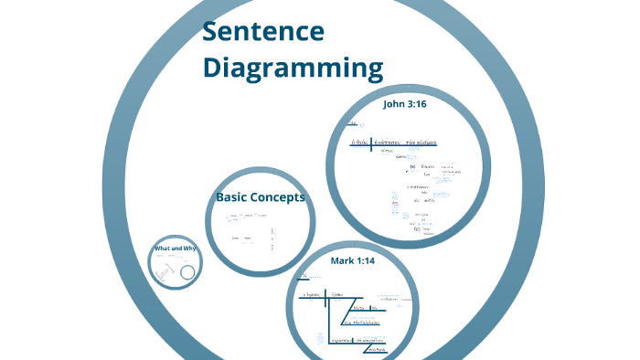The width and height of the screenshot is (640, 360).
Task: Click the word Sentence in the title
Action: [x=263, y=32]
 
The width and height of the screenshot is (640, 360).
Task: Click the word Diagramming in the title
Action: [x=293, y=69]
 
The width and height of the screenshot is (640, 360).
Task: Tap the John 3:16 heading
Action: [x=404, y=104]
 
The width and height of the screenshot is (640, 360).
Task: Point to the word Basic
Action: [x=233, y=196]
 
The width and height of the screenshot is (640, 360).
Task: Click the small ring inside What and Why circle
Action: [x=187, y=272]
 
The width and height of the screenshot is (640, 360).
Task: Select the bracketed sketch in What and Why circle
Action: [x=167, y=270]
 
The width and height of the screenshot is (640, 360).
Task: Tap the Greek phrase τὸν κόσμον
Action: [x=421, y=143]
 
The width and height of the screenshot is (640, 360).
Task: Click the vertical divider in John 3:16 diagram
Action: [x=371, y=143]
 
